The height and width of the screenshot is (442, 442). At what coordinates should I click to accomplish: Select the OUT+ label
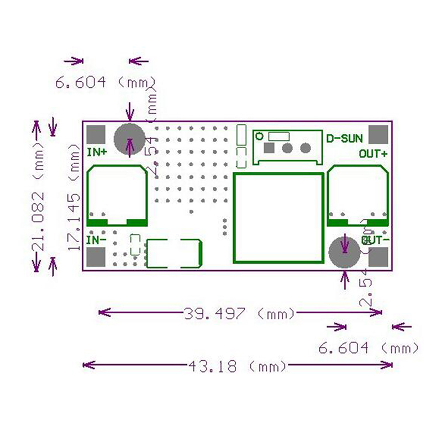pyautogui.click(x=373, y=154)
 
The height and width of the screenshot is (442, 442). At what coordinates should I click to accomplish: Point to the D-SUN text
pyautogui.click(x=344, y=138)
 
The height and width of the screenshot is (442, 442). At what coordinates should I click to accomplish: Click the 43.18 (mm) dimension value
pyautogui.click(x=238, y=365)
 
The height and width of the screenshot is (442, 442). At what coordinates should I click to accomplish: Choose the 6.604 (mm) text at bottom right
pyautogui.click(x=368, y=348)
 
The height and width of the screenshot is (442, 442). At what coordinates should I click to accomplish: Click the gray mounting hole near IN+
pyautogui.click(x=129, y=138)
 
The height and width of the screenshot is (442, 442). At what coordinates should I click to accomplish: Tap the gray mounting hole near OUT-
pyautogui.click(x=344, y=252)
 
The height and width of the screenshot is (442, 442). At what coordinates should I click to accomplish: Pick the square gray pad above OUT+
pyautogui.click(x=378, y=134)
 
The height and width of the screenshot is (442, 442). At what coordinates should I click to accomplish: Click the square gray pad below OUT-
pyautogui.click(x=378, y=257)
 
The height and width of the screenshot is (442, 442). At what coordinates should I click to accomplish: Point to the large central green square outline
pyautogui.click(x=278, y=218)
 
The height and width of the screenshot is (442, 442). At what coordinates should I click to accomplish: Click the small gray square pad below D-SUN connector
pyautogui.click(x=269, y=148)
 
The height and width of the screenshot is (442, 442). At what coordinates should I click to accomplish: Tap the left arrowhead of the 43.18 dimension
pyautogui.click(x=85, y=365)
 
